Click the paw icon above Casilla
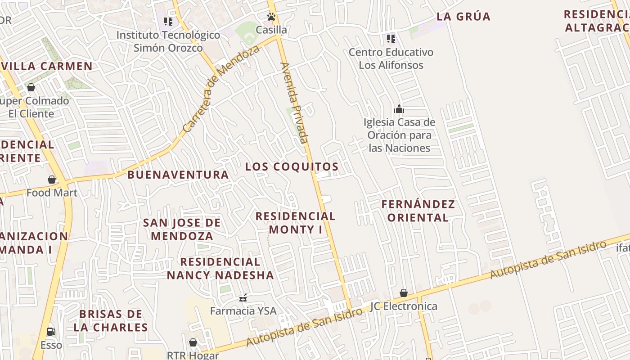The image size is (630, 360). click(x=271, y=17)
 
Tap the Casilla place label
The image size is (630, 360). click(x=271, y=30)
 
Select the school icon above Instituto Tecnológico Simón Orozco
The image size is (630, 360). click(x=168, y=21)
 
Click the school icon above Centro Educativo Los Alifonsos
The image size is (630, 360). click(x=391, y=38)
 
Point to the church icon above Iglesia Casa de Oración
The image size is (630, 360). click(x=399, y=109)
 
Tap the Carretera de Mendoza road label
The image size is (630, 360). click(x=221, y=89)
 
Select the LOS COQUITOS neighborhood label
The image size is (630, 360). click(x=292, y=166)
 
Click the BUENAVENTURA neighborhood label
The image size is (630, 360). click(x=178, y=175)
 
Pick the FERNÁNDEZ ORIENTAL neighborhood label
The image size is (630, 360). click(x=418, y=211)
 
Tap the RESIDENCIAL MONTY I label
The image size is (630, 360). click(x=295, y=223)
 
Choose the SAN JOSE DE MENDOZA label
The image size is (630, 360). click(x=182, y=229)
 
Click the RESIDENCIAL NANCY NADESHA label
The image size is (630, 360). click(x=220, y=268)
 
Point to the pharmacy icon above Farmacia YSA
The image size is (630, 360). click(x=243, y=297)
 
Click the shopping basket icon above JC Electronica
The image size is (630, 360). click(x=404, y=293)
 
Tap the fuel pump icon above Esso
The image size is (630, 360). click(x=51, y=332)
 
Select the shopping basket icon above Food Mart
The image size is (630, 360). click(x=52, y=180)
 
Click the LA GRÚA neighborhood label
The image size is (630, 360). click(x=463, y=17)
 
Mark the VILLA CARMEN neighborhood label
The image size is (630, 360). click(x=46, y=66)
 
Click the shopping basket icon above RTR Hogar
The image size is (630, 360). click(x=193, y=342)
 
